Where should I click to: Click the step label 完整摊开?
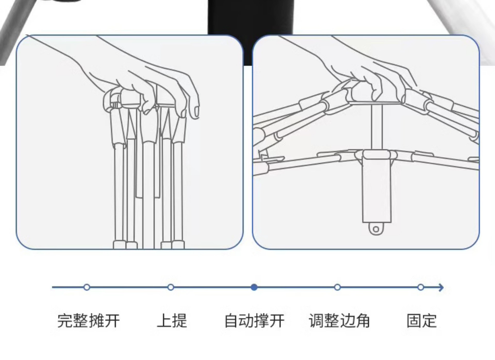click(x=88, y=321)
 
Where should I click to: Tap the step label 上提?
click(x=172, y=321)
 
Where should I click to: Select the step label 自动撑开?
click(x=254, y=321)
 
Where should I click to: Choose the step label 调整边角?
click(x=339, y=321)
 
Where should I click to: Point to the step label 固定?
click(x=422, y=321)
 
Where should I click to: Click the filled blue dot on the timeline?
click(x=254, y=287)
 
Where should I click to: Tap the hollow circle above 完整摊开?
click(x=87, y=287)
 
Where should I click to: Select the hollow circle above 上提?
click(x=171, y=287)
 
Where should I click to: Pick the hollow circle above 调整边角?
click(x=337, y=287)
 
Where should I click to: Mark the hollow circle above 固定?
click(x=421, y=287)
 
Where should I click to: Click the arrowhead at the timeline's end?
click(x=441, y=287)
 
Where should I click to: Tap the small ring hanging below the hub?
click(x=376, y=229)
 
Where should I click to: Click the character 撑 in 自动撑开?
click(x=262, y=321)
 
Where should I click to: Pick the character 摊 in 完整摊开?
click(x=96, y=321)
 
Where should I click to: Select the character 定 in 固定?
click(x=429, y=321)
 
